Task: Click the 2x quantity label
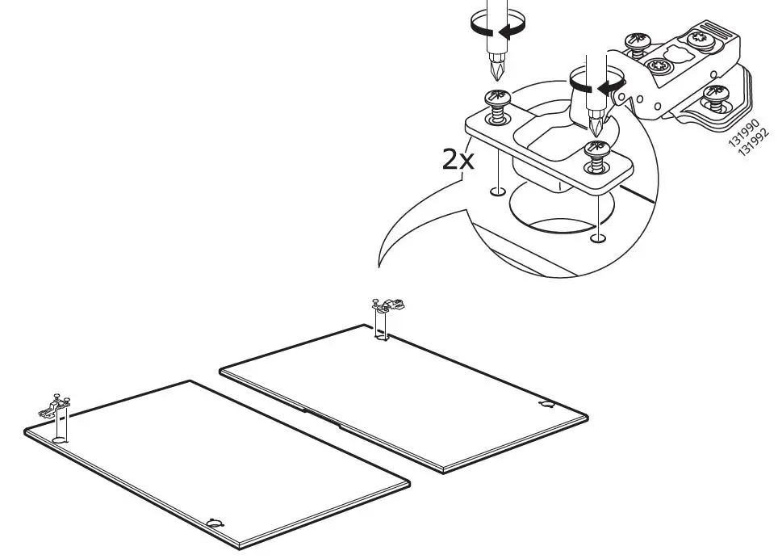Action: pyautogui.click(x=458, y=159)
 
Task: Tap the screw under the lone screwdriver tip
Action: pyautogui.click(x=497, y=103)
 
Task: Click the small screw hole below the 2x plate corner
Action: pyautogui.click(x=498, y=192)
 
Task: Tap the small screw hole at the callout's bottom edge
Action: pyautogui.click(x=597, y=237)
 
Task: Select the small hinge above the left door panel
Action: pyautogui.click(x=56, y=405)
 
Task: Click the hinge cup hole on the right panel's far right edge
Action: pyautogui.click(x=547, y=403)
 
